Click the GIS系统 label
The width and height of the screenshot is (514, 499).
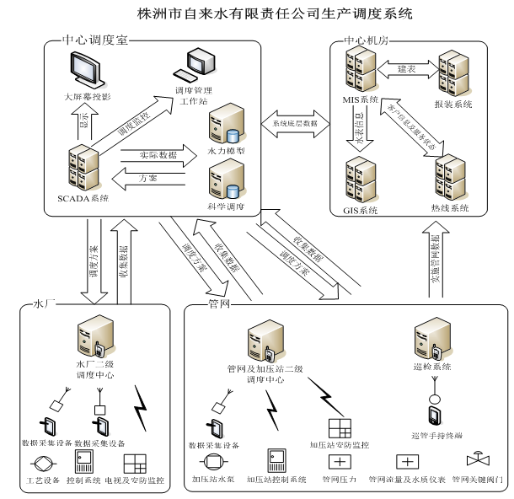coord(361,209)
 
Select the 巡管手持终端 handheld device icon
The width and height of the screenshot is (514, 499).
coord(435,416)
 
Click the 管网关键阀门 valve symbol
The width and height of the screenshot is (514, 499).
coord(478,462)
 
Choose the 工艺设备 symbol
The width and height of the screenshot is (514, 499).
coord(41,464)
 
